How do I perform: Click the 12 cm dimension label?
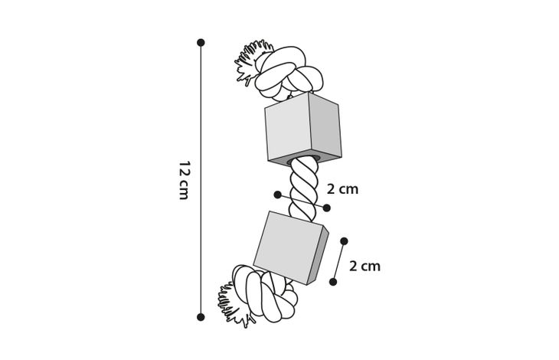pyautogui.click(x=184, y=180)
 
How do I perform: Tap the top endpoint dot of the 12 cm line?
pyautogui.click(x=201, y=43)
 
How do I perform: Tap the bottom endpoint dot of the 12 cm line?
pyautogui.click(x=201, y=317)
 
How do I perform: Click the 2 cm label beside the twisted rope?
pyautogui.click(x=342, y=189)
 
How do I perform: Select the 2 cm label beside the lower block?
pyautogui.click(x=364, y=267)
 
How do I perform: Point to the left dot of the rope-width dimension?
pyautogui.click(x=278, y=195)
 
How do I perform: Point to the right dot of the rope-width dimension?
pyautogui.click(x=326, y=208)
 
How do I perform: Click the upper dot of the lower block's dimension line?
pyautogui.click(x=344, y=241)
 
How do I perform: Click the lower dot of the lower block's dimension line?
pyautogui.click(x=333, y=282)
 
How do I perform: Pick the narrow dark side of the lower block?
pyautogui.click(x=318, y=256)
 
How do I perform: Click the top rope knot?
pyautogui.click(x=289, y=73)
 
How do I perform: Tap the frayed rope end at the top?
pyautogui.click(x=250, y=62)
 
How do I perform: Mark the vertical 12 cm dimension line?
pyautogui.click(x=201, y=180)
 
